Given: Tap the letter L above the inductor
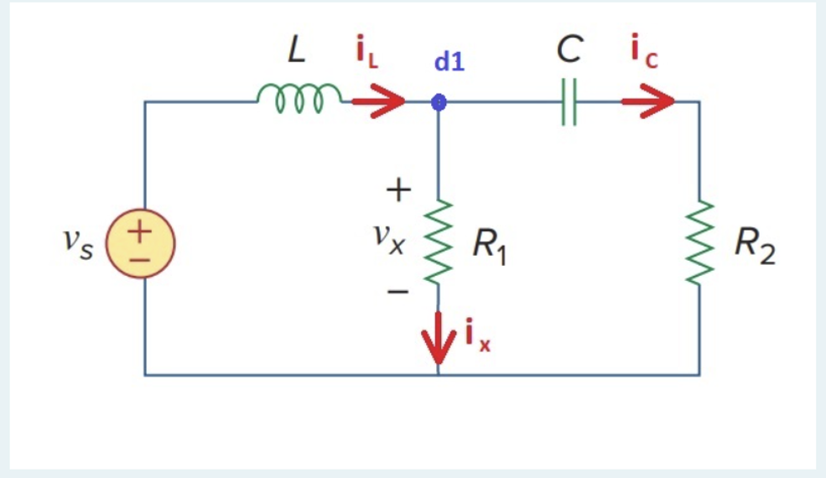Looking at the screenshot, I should [x=296, y=51].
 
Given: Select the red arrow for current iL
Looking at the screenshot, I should [x=377, y=102].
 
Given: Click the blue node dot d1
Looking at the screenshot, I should [x=438, y=102].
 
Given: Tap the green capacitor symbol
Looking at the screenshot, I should [x=569, y=102].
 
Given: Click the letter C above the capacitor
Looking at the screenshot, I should [x=569, y=50].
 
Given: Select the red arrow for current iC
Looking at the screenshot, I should [x=647, y=102].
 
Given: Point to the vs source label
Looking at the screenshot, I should [x=78, y=242].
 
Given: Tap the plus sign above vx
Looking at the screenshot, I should [x=397, y=191].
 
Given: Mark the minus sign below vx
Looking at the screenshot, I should [x=397, y=292].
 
